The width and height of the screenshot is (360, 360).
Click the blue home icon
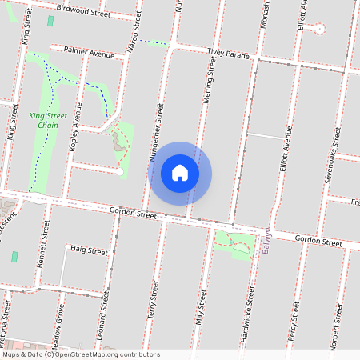[180, 173]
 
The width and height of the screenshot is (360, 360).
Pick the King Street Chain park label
[49, 120]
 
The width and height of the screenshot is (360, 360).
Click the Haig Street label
[88, 250]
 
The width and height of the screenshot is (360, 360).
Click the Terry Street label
[152, 307]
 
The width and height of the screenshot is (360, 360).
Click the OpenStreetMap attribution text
[80, 354]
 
